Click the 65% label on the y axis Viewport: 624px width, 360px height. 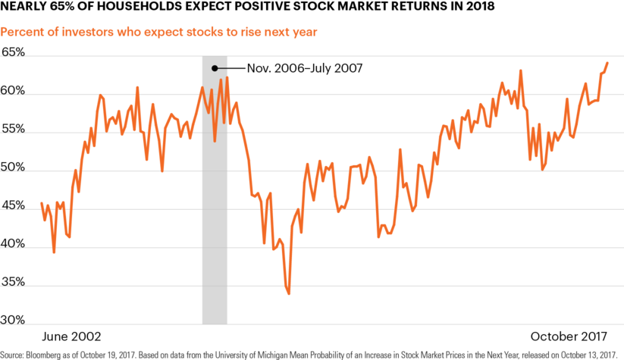[13, 52]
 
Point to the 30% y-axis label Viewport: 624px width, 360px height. [13, 320]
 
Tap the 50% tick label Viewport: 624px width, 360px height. [13, 167]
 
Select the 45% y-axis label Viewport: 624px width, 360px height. [13, 205]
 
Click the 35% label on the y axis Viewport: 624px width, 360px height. [13, 282]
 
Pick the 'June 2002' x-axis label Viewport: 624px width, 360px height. [71, 337]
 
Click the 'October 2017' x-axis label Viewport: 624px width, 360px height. [569, 337]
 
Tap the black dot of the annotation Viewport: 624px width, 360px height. [215, 68]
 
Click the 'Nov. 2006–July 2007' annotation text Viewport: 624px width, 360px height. [305, 68]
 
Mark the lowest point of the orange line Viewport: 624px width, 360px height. [289, 294]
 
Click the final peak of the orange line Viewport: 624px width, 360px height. [607, 62]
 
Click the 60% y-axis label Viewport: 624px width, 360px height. [13, 90]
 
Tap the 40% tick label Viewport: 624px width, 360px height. [13, 243]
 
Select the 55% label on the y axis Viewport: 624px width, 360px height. [13, 129]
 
